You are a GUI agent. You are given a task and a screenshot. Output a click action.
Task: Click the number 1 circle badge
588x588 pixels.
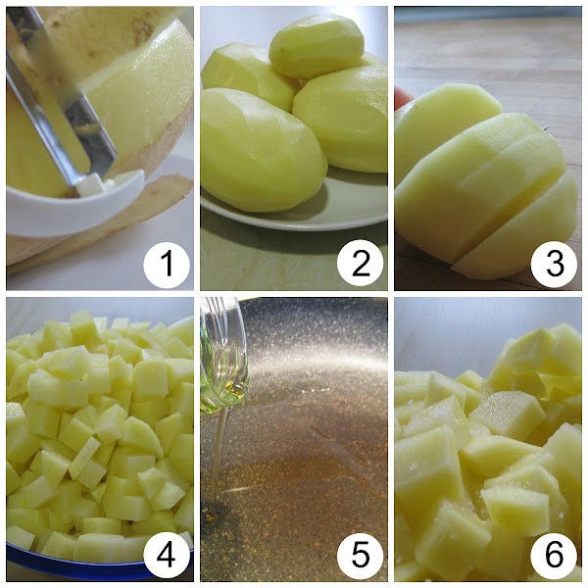coord(167,265)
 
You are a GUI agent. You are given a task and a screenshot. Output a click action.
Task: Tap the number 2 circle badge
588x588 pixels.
coord(360,265)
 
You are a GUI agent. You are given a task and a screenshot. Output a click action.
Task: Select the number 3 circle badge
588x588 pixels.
coord(555,265)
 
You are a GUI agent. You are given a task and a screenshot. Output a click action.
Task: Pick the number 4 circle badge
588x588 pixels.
coord(167,555)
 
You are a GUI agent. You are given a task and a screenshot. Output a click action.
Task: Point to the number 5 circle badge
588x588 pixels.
coord(360,555)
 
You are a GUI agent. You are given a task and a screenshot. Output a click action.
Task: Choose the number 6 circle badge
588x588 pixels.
coord(555,555)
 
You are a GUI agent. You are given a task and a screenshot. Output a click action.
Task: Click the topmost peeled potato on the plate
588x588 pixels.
coord(317,46)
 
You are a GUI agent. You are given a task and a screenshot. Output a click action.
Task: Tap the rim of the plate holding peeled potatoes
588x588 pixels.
coord(300,222)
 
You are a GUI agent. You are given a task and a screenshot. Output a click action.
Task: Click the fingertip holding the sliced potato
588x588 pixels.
coord(402,97)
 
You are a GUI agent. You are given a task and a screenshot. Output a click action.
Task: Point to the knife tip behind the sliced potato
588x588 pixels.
coord(546,127)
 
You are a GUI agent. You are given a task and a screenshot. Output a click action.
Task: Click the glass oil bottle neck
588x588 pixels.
coord(222,357)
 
